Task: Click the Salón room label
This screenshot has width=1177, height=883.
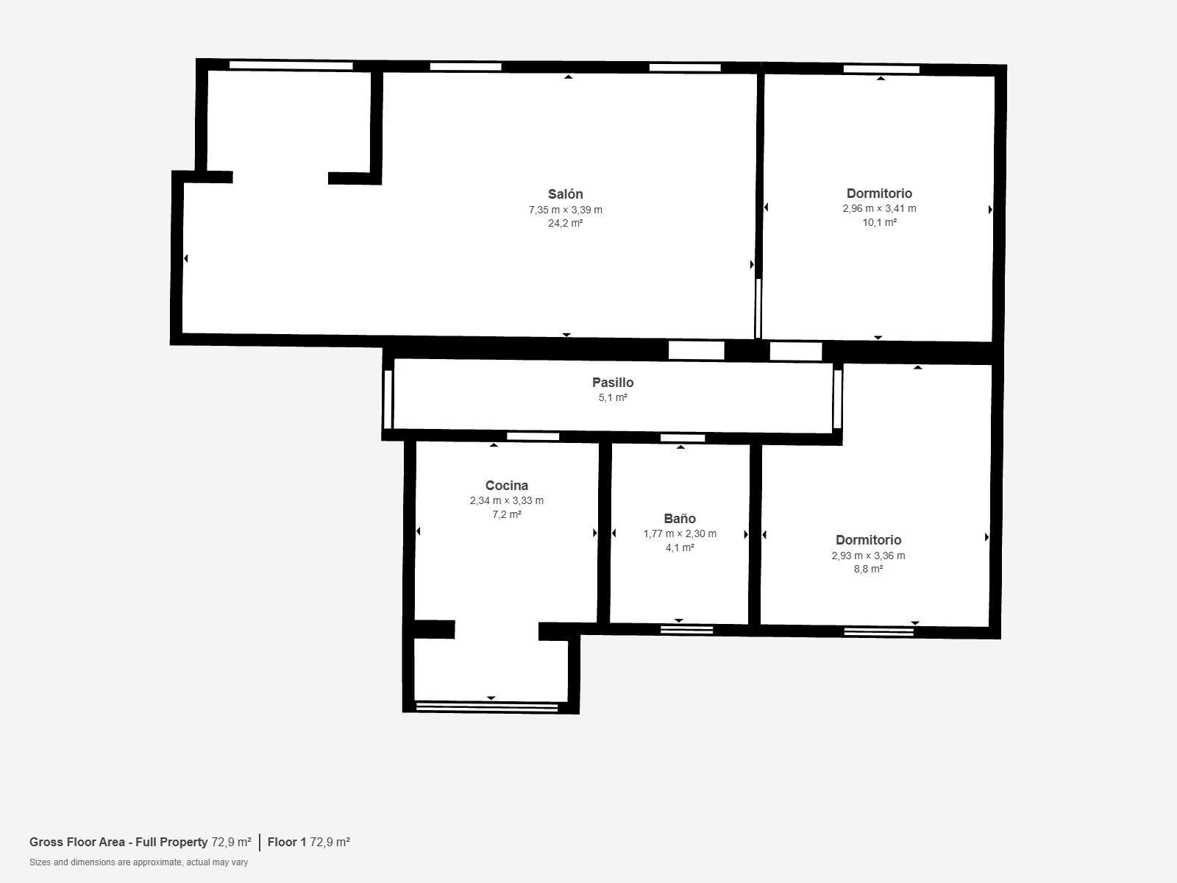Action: click(x=565, y=194)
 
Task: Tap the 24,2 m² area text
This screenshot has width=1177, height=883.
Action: click(x=565, y=223)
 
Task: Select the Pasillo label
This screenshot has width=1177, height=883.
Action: click(x=612, y=383)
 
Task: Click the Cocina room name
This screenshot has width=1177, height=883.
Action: click(x=506, y=486)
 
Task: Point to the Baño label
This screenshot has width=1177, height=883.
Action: click(x=679, y=519)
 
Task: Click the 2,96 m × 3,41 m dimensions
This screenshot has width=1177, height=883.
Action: click(x=879, y=208)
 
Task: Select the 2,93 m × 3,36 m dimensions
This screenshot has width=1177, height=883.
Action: click(x=868, y=556)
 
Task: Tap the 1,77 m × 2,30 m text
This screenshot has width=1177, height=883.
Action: click(x=679, y=533)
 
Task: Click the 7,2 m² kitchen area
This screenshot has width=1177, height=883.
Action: click(x=506, y=514)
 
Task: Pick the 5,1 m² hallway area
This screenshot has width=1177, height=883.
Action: click(x=612, y=398)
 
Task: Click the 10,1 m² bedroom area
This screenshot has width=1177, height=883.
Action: click(x=879, y=222)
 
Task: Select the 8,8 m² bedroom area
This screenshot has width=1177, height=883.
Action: click(x=868, y=569)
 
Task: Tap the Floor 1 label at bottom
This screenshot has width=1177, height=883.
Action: click(x=286, y=842)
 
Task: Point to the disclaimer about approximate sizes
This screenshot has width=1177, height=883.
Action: click(x=138, y=862)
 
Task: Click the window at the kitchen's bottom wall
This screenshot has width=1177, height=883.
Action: click(x=487, y=707)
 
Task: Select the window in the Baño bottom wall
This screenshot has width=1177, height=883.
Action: click(x=686, y=629)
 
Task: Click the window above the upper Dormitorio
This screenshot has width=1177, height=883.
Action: click(x=881, y=69)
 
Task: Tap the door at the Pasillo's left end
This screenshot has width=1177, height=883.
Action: click(x=388, y=399)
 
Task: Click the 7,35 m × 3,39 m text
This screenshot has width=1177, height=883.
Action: click(x=565, y=210)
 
